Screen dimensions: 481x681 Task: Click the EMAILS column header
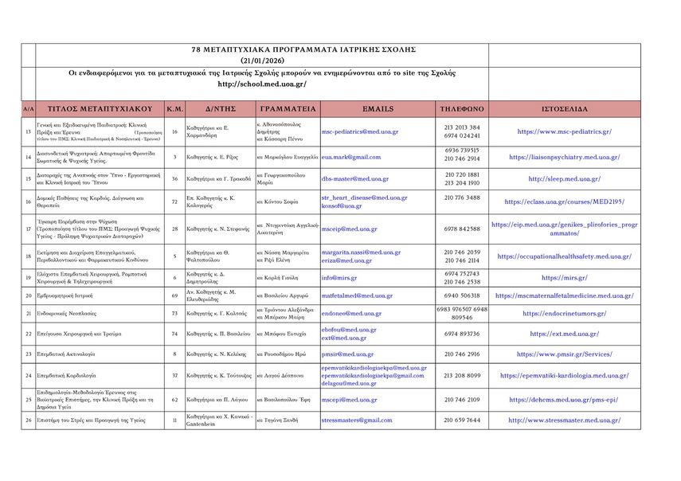pyautogui.click(x=378, y=108)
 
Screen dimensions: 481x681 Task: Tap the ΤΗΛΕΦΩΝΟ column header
pyautogui.click(x=462, y=108)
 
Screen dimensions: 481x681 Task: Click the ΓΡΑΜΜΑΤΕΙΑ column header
pyautogui.click(x=287, y=108)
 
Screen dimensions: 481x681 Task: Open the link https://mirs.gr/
pyautogui.click(x=564, y=277)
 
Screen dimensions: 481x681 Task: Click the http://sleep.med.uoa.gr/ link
pyautogui.click(x=564, y=179)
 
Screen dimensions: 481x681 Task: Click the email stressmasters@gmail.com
pyautogui.click(x=357, y=420)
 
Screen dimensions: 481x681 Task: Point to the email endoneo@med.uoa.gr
pyautogui.click(x=351, y=313)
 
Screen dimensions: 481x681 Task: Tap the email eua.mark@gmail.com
pyautogui.click(x=351, y=157)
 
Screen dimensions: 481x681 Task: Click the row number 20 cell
pyautogui.click(x=29, y=295)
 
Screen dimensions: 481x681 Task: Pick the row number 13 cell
pyautogui.click(x=29, y=131)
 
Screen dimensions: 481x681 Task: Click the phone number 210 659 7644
pyautogui.click(x=462, y=420)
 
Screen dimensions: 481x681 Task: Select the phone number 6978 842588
pyautogui.click(x=462, y=229)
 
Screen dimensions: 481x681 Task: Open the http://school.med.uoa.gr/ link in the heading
pyautogui.click(x=262, y=84)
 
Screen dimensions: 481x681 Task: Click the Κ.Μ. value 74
pyautogui.click(x=174, y=334)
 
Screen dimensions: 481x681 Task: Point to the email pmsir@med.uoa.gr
pyautogui.click(x=347, y=354)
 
